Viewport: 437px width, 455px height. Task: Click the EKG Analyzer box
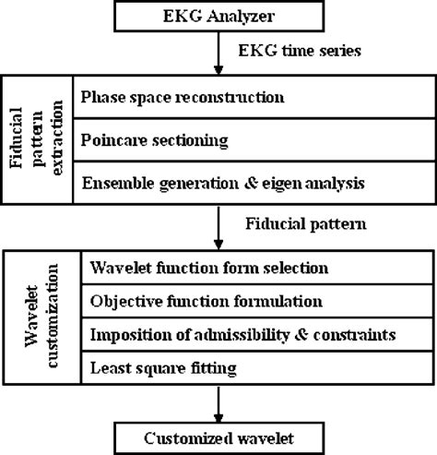218,16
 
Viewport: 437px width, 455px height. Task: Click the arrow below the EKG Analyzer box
218,55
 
